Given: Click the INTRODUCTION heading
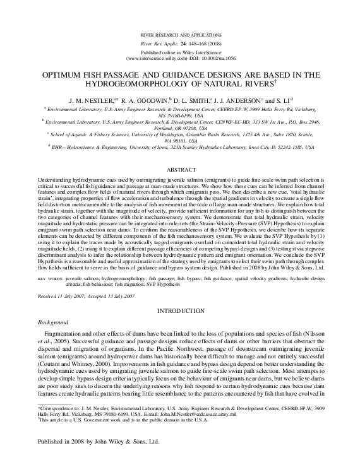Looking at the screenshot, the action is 180,312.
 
